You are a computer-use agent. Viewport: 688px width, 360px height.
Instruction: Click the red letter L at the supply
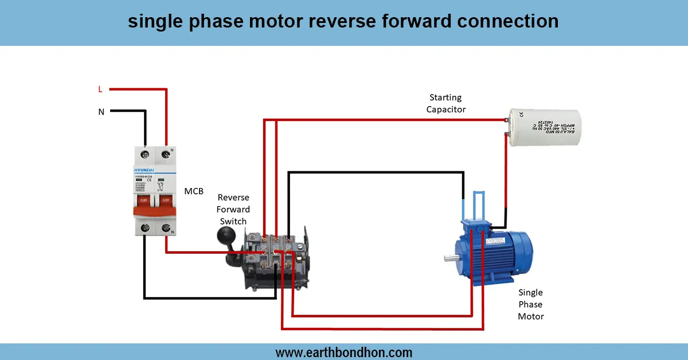click(100, 89)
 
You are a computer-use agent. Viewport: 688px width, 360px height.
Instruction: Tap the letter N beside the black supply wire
click(101, 112)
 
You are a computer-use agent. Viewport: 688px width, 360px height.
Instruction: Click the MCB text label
click(194, 191)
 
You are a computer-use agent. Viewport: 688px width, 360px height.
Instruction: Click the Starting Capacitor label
click(445, 103)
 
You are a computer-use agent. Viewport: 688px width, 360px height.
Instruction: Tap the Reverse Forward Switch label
click(233, 209)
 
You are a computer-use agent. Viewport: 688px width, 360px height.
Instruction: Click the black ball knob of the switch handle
click(224, 234)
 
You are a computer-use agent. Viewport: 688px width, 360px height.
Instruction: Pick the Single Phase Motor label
click(530, 304)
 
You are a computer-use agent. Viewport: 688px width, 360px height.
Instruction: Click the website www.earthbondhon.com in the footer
click(344, 352)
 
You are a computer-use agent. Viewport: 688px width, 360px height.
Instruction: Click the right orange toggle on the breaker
click(166, 201)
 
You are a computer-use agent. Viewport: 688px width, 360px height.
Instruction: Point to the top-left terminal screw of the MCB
click(144, 154)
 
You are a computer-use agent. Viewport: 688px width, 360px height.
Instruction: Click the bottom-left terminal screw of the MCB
click(144, 228)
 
